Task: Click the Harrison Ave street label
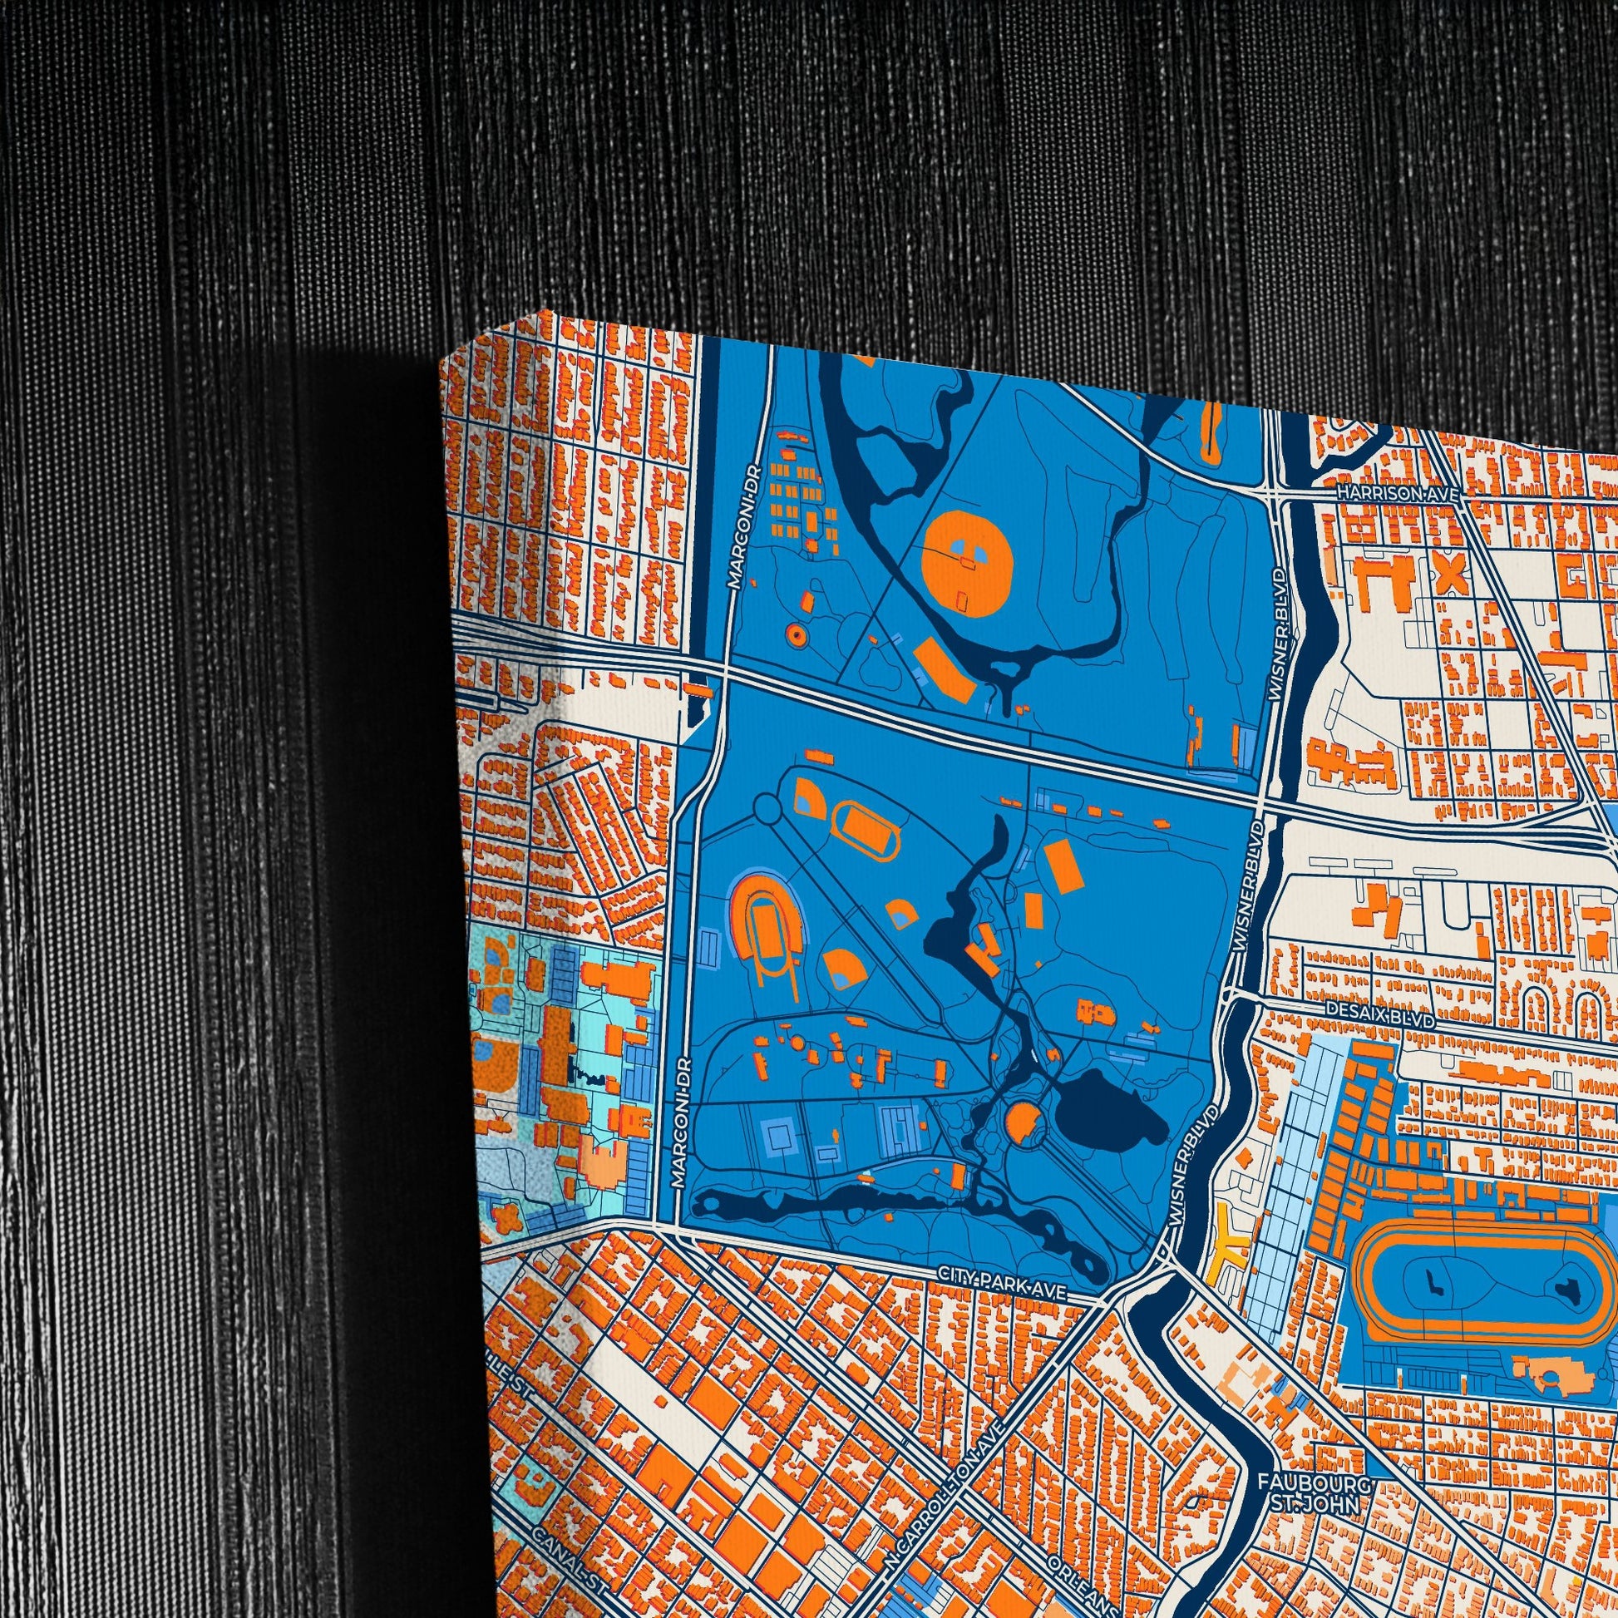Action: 1398,494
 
